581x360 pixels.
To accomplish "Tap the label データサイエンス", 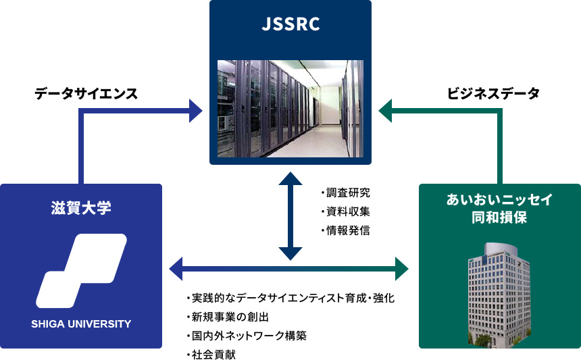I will (x=86, y=94).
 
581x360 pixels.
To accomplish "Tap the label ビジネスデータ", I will (x=494, y=94).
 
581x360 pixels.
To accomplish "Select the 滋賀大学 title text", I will (x=81, y=207).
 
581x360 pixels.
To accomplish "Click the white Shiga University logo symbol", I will (x=81, y=270).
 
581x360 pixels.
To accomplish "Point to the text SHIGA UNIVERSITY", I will (x=81, y=324).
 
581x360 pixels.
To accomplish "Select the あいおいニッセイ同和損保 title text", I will (x=500, y=209).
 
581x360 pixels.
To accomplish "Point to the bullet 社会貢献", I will (x=213, y=354).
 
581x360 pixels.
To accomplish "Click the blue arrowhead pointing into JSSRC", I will (x=195, y=109).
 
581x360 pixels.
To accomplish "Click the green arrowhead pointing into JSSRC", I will (x=386, y=109).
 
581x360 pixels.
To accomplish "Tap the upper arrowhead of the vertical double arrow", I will (x=290, y=178).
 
